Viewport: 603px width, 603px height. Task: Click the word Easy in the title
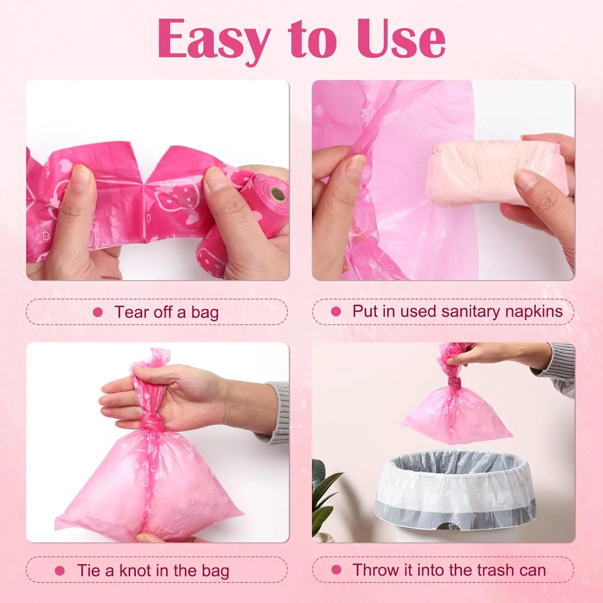pos(213,39)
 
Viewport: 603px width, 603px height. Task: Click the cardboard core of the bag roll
pos(277,195)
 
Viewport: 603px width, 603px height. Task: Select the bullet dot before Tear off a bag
pos(98,312)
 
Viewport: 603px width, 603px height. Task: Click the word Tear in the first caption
pos(131,312)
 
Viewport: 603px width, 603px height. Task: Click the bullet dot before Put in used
pos(336,312)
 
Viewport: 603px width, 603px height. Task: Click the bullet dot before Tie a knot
pos(59,571)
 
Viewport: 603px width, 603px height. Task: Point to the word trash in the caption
pos(500,570)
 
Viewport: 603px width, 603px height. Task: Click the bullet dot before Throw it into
pos(336,570)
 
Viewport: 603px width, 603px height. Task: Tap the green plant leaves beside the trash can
pos(324,494)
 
